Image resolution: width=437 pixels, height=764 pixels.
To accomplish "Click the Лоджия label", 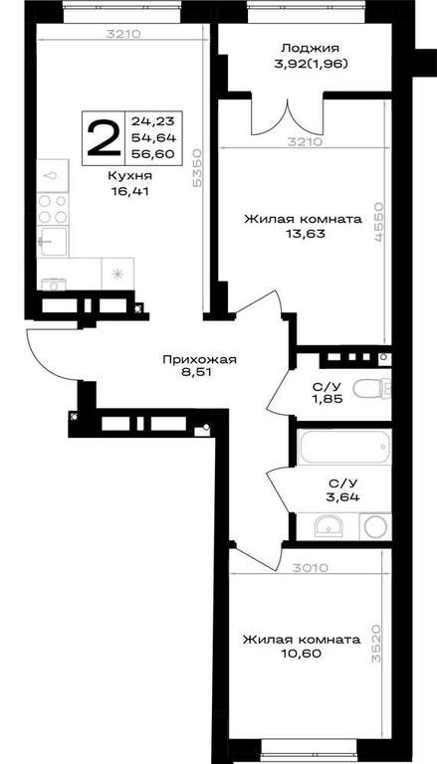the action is pos(310,48).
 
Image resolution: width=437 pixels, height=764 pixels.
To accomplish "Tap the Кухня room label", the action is pos(129,175).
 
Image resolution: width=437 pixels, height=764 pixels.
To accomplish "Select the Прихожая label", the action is pos(199,360).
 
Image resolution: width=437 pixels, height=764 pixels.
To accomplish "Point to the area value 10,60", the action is pos(303,654).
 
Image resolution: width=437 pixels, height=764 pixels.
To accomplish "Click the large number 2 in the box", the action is pos(103,138).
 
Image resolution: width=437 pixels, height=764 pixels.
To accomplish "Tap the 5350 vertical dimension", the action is pos(197,167).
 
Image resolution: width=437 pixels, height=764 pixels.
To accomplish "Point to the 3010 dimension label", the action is pos(311,567).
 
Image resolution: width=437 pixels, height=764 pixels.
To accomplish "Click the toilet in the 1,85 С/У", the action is pos(371,388).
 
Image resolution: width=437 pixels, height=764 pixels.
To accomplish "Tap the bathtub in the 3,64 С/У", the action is pos(344,447).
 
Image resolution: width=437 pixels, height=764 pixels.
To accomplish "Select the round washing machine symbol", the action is pos(375,526).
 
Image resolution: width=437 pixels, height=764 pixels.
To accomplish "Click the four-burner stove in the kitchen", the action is pos(52,209).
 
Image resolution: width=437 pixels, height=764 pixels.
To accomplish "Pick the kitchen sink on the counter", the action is pos(53,241).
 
